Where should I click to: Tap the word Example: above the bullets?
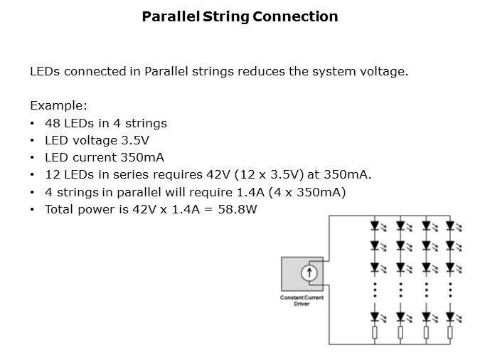(58, 105)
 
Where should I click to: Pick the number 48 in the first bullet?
(52, 123)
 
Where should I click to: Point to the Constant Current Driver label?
(302, 300)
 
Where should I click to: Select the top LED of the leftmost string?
(374, 227)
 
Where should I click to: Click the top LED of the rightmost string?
(450, 227)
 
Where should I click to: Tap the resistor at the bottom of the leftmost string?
(374, 332)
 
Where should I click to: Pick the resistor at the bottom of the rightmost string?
(450, 332)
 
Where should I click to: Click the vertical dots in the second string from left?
(400, 290)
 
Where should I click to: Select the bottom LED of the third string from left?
(425, 315)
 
